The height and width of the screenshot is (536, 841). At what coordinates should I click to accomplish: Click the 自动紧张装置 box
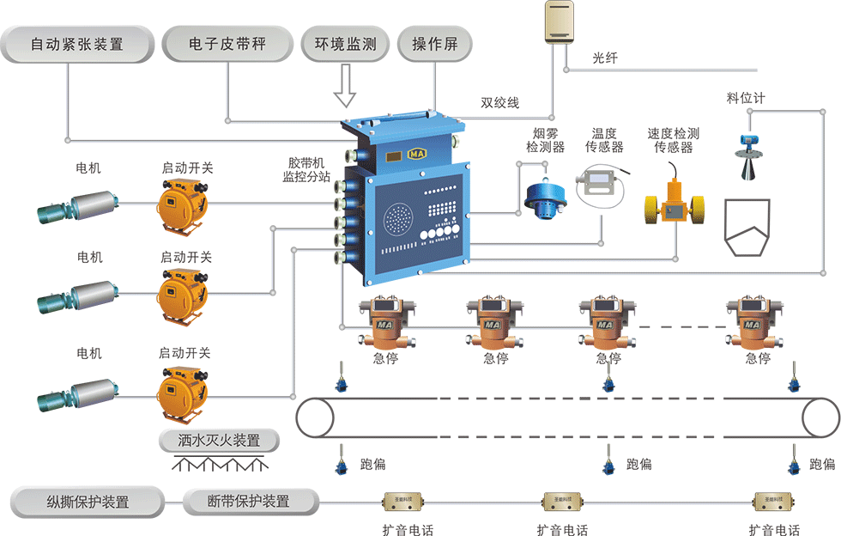77,44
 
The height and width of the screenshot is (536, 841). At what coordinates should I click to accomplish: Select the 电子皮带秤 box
227,44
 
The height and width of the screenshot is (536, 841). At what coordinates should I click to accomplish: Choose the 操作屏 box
435,44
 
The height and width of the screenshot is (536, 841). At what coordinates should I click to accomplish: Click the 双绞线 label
500,103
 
